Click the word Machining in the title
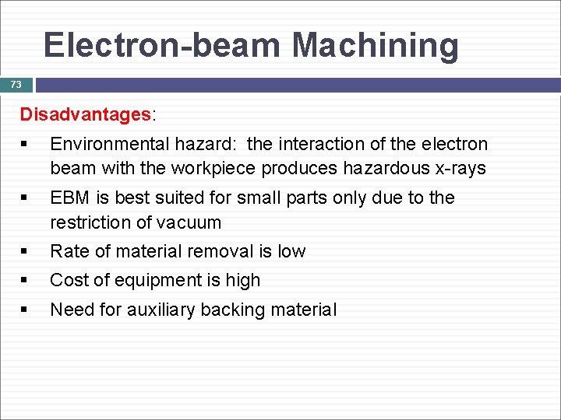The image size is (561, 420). point(376,45)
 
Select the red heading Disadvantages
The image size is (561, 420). point(86,115)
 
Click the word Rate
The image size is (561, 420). point(68,251)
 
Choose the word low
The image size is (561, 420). point(291,251)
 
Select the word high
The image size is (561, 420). point(242,280)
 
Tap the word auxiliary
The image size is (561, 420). point(161,310)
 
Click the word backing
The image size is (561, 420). point(232,310)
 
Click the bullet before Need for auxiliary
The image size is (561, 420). point(26,310)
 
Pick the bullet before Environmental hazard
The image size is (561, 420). point(26,145)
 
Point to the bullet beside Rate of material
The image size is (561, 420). point(26,251)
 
